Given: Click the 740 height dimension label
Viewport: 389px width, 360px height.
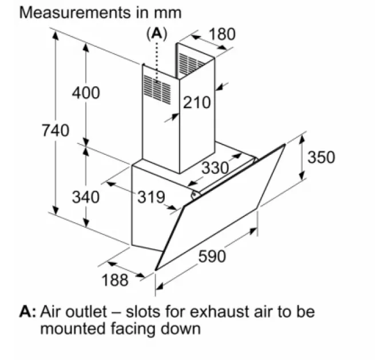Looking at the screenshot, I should (55, 130).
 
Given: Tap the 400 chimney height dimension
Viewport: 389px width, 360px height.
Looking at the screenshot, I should (85, 92).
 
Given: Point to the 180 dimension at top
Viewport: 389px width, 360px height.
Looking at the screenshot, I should (221, 34).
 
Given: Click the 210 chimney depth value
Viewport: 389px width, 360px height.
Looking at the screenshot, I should (197, 103).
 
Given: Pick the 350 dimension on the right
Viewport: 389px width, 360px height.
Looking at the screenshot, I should (321, 157).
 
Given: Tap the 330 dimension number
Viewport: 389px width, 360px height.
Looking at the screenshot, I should (215, 167).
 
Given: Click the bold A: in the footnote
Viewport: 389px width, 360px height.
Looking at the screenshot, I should (28, 312).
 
